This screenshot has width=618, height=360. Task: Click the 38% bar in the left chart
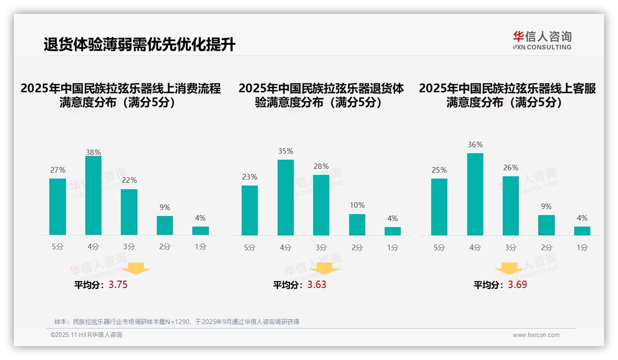click(x=93, y=196)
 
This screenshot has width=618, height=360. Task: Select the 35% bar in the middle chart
click(x=285, y=198)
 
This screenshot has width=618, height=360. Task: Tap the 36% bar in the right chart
click(x=475, y=194)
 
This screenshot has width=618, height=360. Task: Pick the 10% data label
click(x=357, y=205)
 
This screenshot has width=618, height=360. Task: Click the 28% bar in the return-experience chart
click(x=321, y=205)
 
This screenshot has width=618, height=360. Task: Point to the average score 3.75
click(x=118, y=285)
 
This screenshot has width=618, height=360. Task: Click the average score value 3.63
click(x=317, y=285)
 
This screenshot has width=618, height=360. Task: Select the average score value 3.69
click(x=517, y=285)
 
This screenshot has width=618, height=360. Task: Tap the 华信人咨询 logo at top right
click(x=542, y=40)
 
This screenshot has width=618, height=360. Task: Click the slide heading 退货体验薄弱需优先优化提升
click(x=139, y=45)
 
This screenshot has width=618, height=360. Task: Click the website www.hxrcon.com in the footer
click(x=536, y=335)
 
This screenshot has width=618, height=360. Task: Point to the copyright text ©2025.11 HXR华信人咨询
click(x=86, y=335)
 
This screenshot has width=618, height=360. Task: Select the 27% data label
click(x=58, y=170)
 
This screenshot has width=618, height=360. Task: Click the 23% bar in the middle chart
click(x=250, y=210)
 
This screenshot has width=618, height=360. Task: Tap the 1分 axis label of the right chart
click(x=582, y=247)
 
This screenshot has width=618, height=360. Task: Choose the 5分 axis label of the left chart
click(x=58, y=247)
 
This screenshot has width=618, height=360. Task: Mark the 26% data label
click(x=511, y=168)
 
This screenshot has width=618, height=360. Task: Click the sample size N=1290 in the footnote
click(x=178, y=322)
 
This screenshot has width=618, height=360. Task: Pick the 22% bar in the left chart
click(x=129, y=212)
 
